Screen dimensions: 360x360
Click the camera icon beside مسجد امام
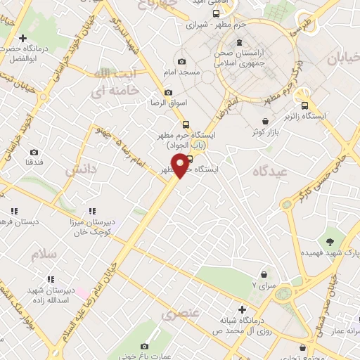pos(182,62)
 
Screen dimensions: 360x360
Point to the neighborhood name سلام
pos(43,255)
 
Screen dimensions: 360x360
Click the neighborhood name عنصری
pos(182,313)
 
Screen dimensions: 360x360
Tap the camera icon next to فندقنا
pos(33,152)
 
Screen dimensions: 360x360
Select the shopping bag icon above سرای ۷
pos(264,274)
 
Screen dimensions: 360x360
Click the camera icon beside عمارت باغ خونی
pos(145,346)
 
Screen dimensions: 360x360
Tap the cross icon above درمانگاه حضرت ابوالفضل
pos(22,38)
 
